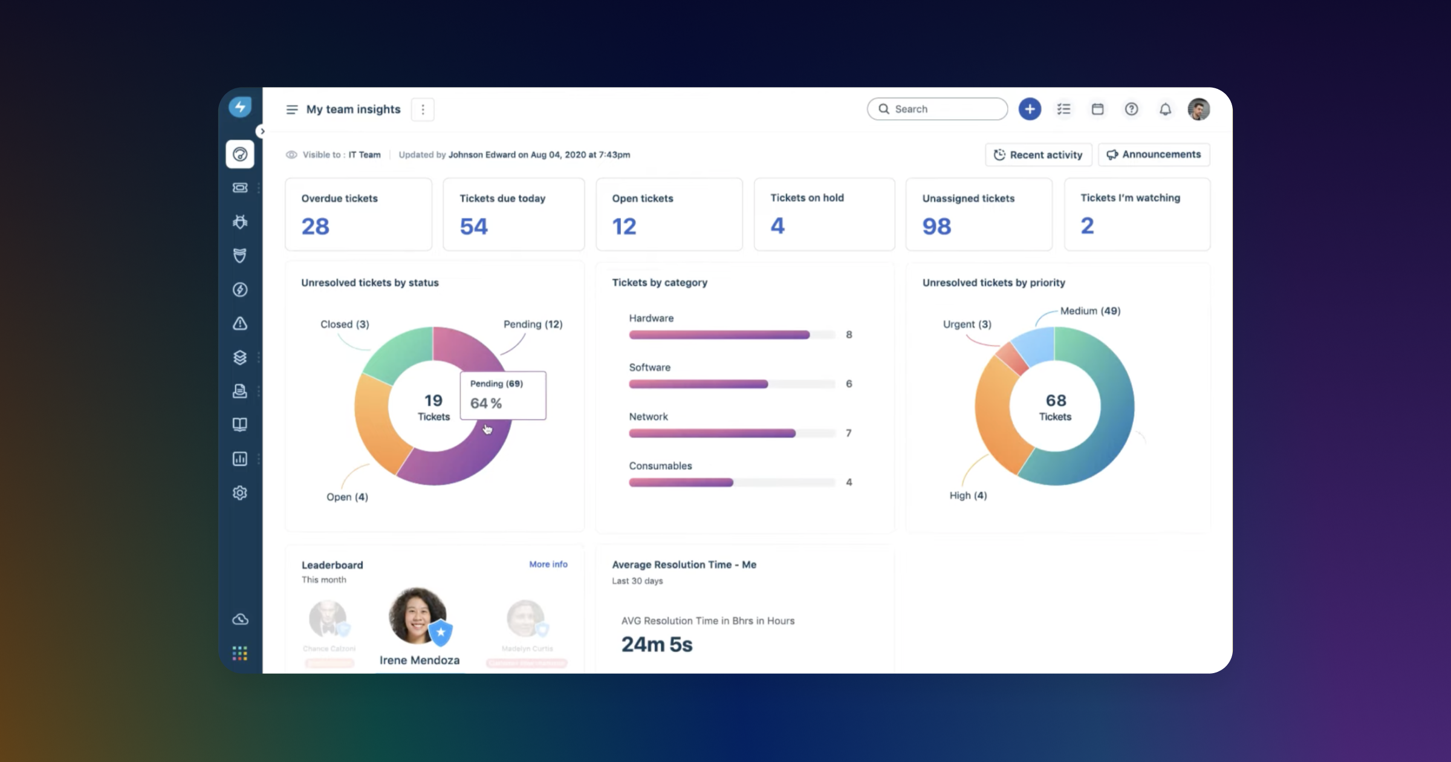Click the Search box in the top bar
point(937,109)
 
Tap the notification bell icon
point(1165,109)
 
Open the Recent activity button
point(1038,155)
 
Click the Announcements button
point(1154,154)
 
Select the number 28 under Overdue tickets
point(315,227)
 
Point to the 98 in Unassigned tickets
point(936,227)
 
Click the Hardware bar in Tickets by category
point(719,335)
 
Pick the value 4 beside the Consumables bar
point(849,483)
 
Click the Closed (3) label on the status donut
point(345,324)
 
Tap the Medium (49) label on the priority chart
point(1090,311)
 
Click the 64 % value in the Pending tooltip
point(486,403)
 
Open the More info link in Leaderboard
point(548,564)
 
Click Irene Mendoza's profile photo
point(417,616)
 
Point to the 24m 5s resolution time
point(657,645)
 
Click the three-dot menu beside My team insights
point(423,109)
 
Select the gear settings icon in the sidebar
point(240,493)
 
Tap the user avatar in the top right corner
point(1198,109)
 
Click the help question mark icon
point(1131,109)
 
